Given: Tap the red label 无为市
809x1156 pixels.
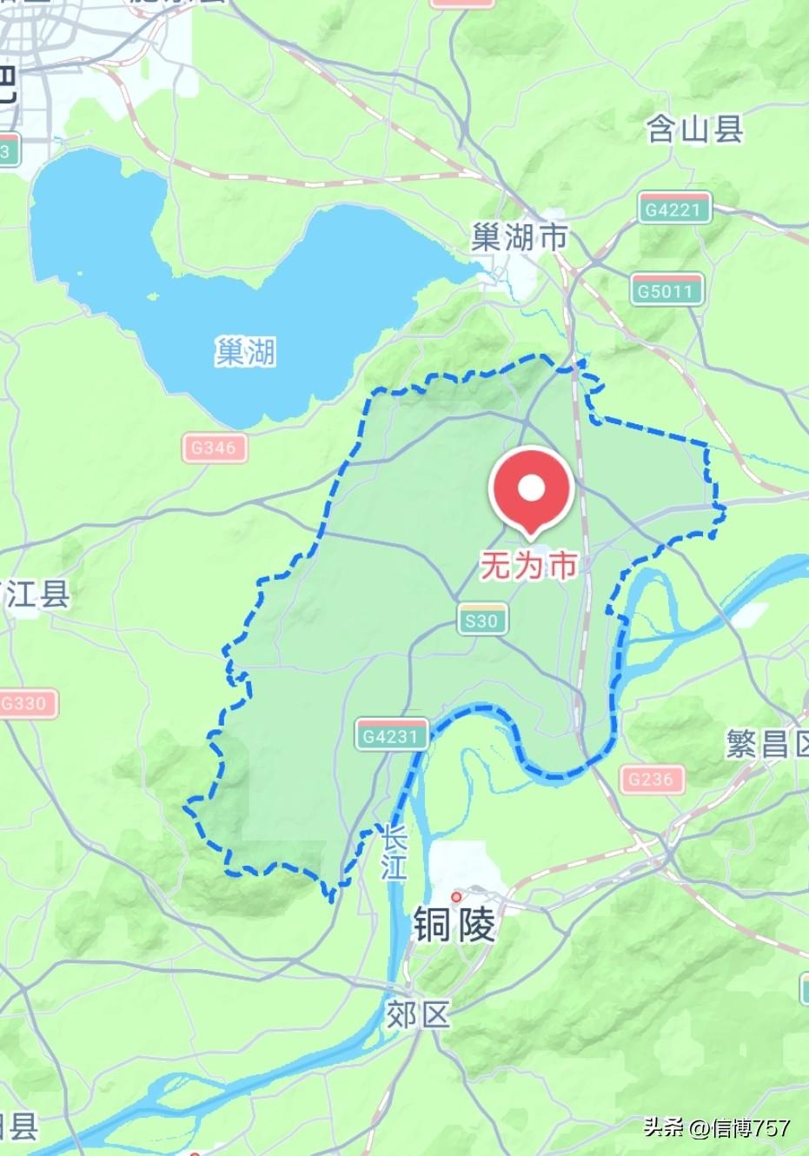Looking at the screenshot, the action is (x=529, y=567).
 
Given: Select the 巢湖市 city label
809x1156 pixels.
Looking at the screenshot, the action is (x=520, y=236).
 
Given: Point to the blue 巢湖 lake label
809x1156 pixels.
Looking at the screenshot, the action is (x=246, y=352).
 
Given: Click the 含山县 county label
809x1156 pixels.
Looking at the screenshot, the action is (x=695, y=130).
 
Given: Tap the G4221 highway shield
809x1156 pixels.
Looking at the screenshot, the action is (x=673, y=209).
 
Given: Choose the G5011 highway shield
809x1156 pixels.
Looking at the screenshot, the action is (x=666, y=290).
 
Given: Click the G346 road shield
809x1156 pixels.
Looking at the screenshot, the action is (x=214, y=448).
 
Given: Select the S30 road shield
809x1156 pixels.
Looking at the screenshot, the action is (x=481, y=620).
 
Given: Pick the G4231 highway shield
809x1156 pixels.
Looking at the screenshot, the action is (x=392, y=735).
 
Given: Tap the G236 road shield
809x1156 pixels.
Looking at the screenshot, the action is (x=652, y=779).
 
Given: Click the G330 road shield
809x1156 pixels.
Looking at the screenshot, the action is (x=26, y=703).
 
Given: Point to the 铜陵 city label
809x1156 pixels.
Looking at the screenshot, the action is (x=454, y=924).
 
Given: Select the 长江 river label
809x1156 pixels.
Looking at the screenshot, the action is (x=394, y=854).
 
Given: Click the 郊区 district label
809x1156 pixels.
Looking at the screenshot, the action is (x=419, y=1014).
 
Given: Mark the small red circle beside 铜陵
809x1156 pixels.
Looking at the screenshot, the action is (x=456, y=896).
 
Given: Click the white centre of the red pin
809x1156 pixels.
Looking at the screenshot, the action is (x=532, y=488).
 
